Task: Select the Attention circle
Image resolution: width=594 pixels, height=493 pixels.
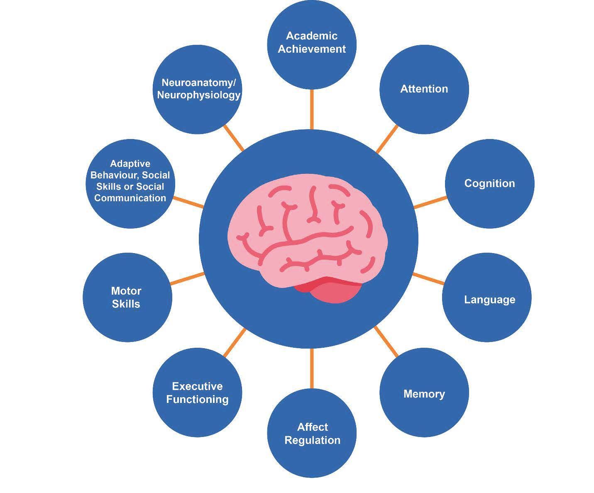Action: (x=424, y=89)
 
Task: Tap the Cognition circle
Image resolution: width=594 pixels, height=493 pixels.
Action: (x=489, y=184)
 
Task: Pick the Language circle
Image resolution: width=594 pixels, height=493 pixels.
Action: (x=486, y=298)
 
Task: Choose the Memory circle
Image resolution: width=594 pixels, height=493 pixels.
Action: (x=424, y=392)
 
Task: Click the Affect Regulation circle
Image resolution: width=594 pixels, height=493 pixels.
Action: (x=312, y=434)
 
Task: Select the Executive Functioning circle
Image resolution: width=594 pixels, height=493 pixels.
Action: (x=198, y=392)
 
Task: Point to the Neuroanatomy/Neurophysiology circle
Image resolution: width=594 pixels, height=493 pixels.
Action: (x=198, y=89)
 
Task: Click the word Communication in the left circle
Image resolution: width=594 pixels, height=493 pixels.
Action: (x=130, y=198)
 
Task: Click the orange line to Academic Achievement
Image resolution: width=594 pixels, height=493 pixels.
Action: (x=312, y=109)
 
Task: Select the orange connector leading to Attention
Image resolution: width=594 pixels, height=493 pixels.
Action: (x=387, y=139)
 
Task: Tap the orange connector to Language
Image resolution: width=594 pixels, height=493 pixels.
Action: (x=428, y=278)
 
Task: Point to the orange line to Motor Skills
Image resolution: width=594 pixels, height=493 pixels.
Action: (x=188, y=278)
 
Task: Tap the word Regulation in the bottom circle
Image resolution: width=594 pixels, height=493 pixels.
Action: (x=312, y=440)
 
